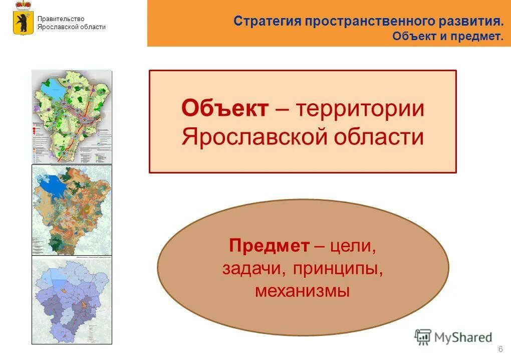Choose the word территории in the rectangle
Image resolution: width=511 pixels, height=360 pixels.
pyautogui.click(x=360, y=109)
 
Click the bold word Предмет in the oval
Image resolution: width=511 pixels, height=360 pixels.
pyautogui.click(x=269, y=246)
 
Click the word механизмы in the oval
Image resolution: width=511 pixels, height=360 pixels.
pyautogui.click(x=303, y=291)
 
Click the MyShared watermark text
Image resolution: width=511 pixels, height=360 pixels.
pyautogui.click(x=463, y=337)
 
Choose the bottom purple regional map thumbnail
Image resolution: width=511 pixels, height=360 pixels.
pyautogui.click(x=72, y=299)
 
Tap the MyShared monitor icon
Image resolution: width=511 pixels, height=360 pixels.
pyautogui.click(x=423, y=336)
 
